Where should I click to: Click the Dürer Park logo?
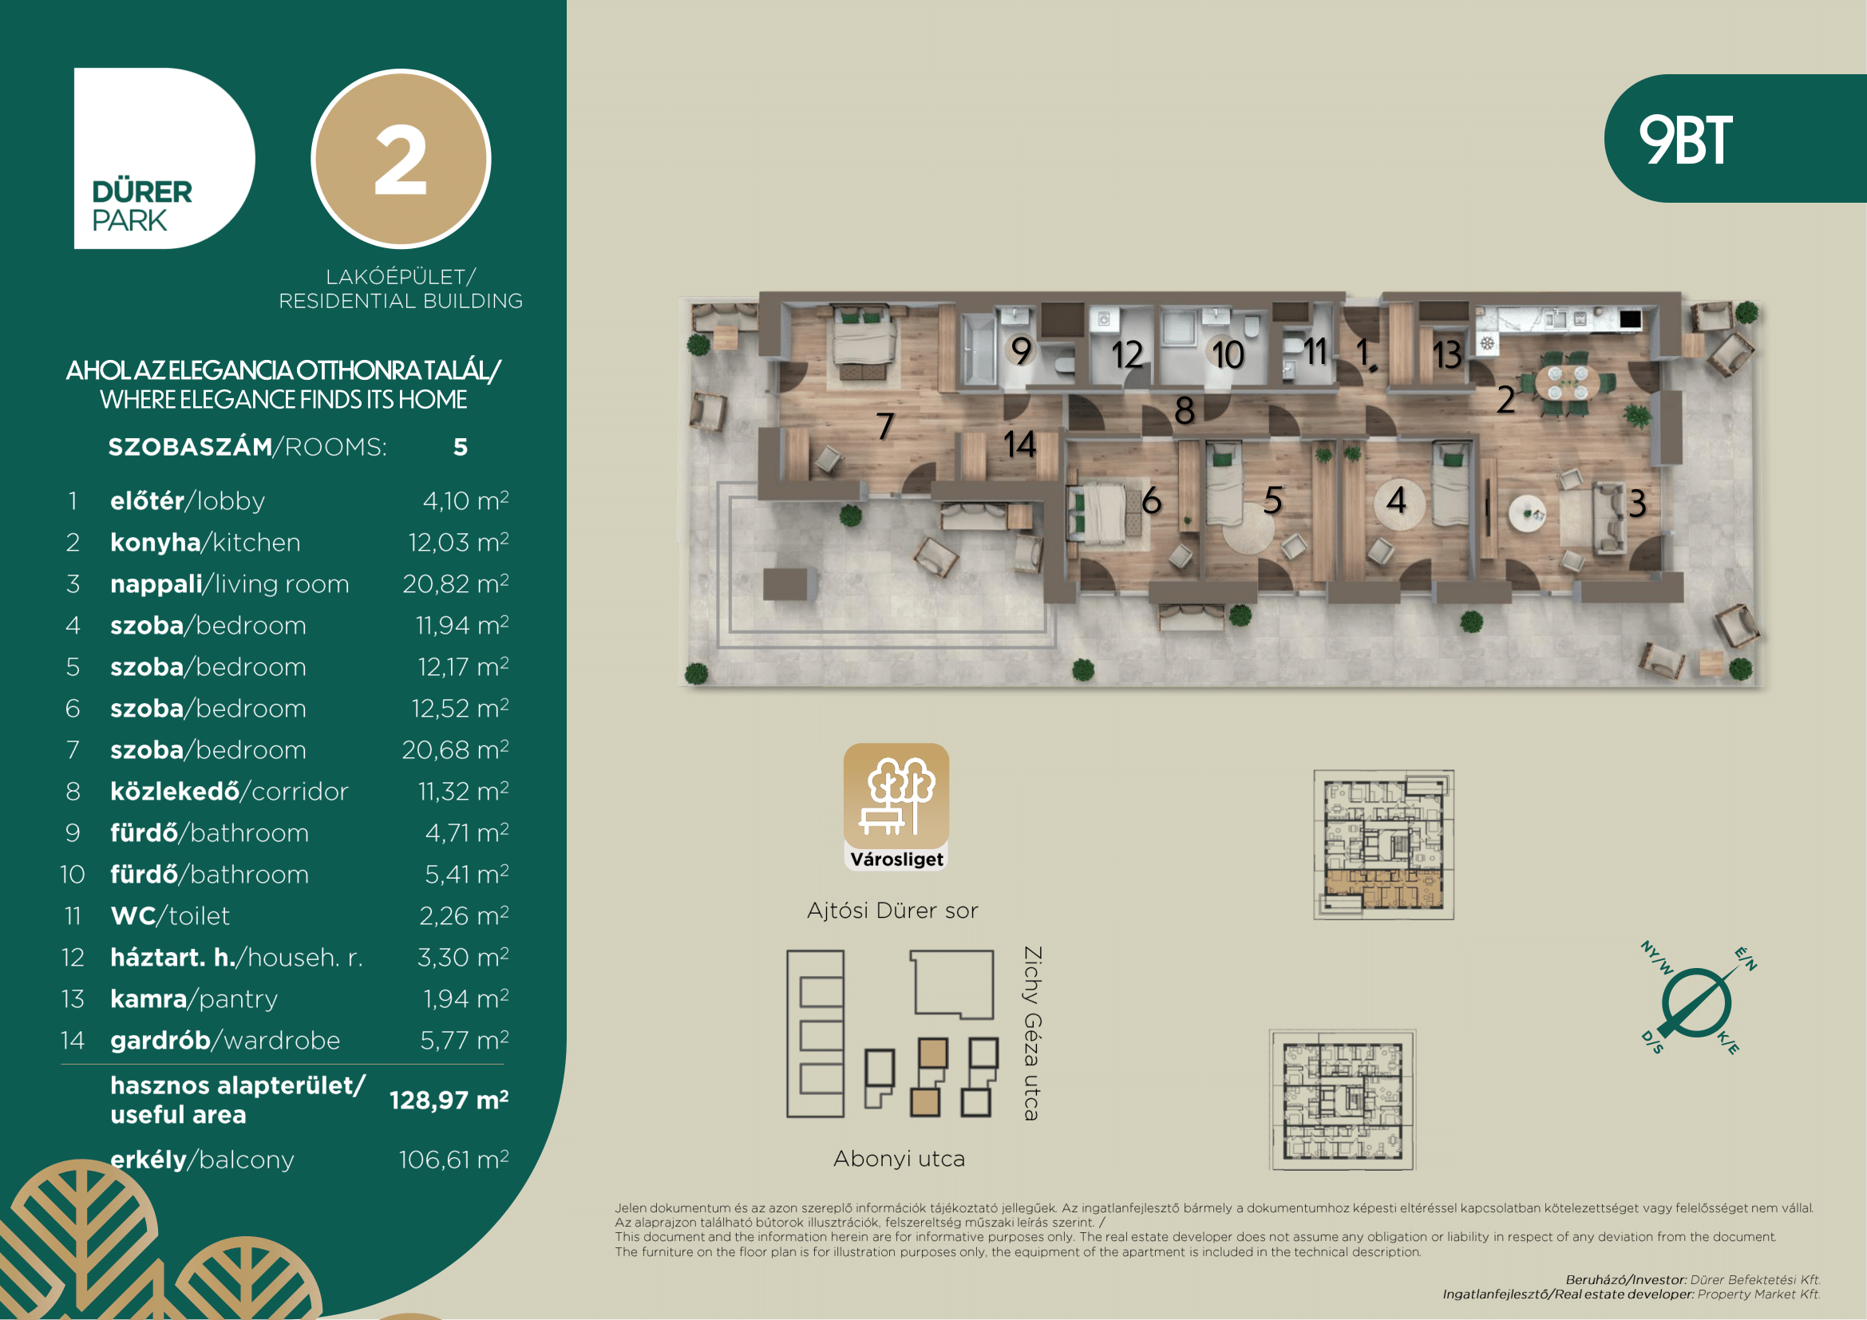[x=164, y=158]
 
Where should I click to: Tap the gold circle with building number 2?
[x=401, y=159]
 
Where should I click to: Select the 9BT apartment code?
[x=1686, y=140]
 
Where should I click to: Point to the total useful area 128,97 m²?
[x=449, y=1100]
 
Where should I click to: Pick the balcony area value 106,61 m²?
[x=453, y=1159]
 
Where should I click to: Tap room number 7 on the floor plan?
[x=885, y=426]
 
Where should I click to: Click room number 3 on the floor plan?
[x=1637, y=503]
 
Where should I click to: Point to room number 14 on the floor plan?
[x=1019, y=444]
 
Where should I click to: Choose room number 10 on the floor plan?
[x=1227, y=354]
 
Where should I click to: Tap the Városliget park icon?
[x=896, y=806]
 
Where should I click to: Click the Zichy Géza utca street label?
[x=1032, y=1033]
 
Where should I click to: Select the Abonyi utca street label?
[x=900, y=1158]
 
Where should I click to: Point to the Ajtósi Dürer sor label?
[x=893, y=911]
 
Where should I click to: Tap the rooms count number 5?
[x=461, y=447]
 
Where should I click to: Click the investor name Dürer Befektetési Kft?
[x=1754, y=1279]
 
